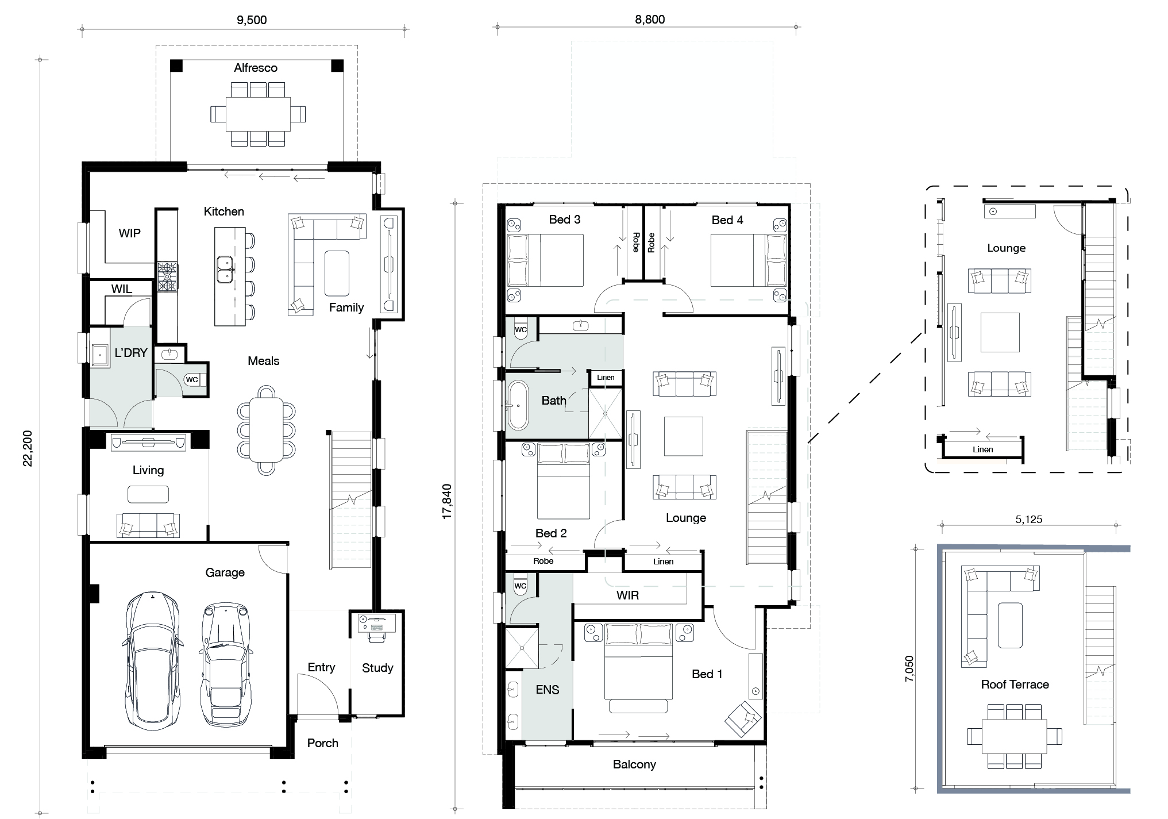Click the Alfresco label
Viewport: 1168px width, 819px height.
pyautogui.click(x=256, y=68)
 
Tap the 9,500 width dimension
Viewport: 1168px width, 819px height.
pyautogui.click(x=252, y=20)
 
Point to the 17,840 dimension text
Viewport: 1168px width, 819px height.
pyautogui.click(x=447, y=501)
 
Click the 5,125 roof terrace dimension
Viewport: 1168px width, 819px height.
pyautogui.click(x=1028, y=520)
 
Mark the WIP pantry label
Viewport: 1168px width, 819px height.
pyautogui.click(x=129, y=233)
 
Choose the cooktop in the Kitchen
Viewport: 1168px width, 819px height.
pyautogui.click(x=168, y=277)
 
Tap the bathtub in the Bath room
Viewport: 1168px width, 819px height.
pyautogui.click(x=518, y=405)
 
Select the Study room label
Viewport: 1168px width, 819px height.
pyautogui.click(x=377, y=668)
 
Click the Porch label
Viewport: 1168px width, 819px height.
pyautogui.click(x=322, y=743)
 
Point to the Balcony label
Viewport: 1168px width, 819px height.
pyautogui.click(x=634, y=764)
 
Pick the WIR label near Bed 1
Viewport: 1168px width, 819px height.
pyautogui.click(x=627, y=595)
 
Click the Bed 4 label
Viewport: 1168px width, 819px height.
pyautogui.click(x=727, y=220)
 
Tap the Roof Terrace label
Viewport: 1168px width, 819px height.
pyautogui.click(x=1015, y=685)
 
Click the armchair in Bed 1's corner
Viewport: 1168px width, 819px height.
pyautogui.click(x=743, y=718)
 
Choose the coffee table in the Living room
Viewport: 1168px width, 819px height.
pyautogui.click(x=148, y=494)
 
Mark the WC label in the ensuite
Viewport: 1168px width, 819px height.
pyautogui.click(x=520, y=586)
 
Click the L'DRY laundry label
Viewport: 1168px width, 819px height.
pyautogui.click(x=131, y=353)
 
